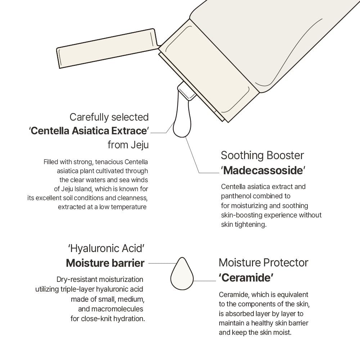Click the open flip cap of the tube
(x=107, y=48)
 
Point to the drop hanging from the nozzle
(x=182, y=117)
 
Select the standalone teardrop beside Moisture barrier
(x=182, y=274)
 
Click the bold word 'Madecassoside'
(x=263, y=171)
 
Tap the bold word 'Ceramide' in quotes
(x=246, y=278)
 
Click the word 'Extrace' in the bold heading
(x=129, y=131)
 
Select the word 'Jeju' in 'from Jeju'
(x=140, y=145)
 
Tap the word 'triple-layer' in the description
(x=77, y=289)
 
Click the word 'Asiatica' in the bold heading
(x=90, y=131)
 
